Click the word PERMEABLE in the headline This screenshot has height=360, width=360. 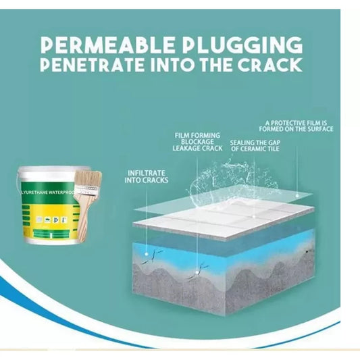(x=107, y=45)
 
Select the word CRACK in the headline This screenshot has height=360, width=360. (x=269, y=65)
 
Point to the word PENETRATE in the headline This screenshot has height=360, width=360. (x=93, y=65)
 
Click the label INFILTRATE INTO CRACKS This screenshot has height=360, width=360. (x=147, y=176)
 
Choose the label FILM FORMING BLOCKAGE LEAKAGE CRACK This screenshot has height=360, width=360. (x=197, y=142)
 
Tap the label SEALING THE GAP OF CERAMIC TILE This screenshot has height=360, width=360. (x=255, y=146)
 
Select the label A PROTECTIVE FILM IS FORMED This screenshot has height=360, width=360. (x=297, y=126)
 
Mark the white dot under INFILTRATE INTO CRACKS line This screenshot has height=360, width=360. (x=147, y=254)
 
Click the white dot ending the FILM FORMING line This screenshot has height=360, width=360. (x=197, y=272)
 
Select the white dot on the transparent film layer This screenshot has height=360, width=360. (x=297, y=196)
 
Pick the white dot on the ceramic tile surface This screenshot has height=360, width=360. (x=254, y=216)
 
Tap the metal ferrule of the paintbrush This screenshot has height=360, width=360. (x=86, y=190)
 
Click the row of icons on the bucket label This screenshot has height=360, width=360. (x=53, y=220)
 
